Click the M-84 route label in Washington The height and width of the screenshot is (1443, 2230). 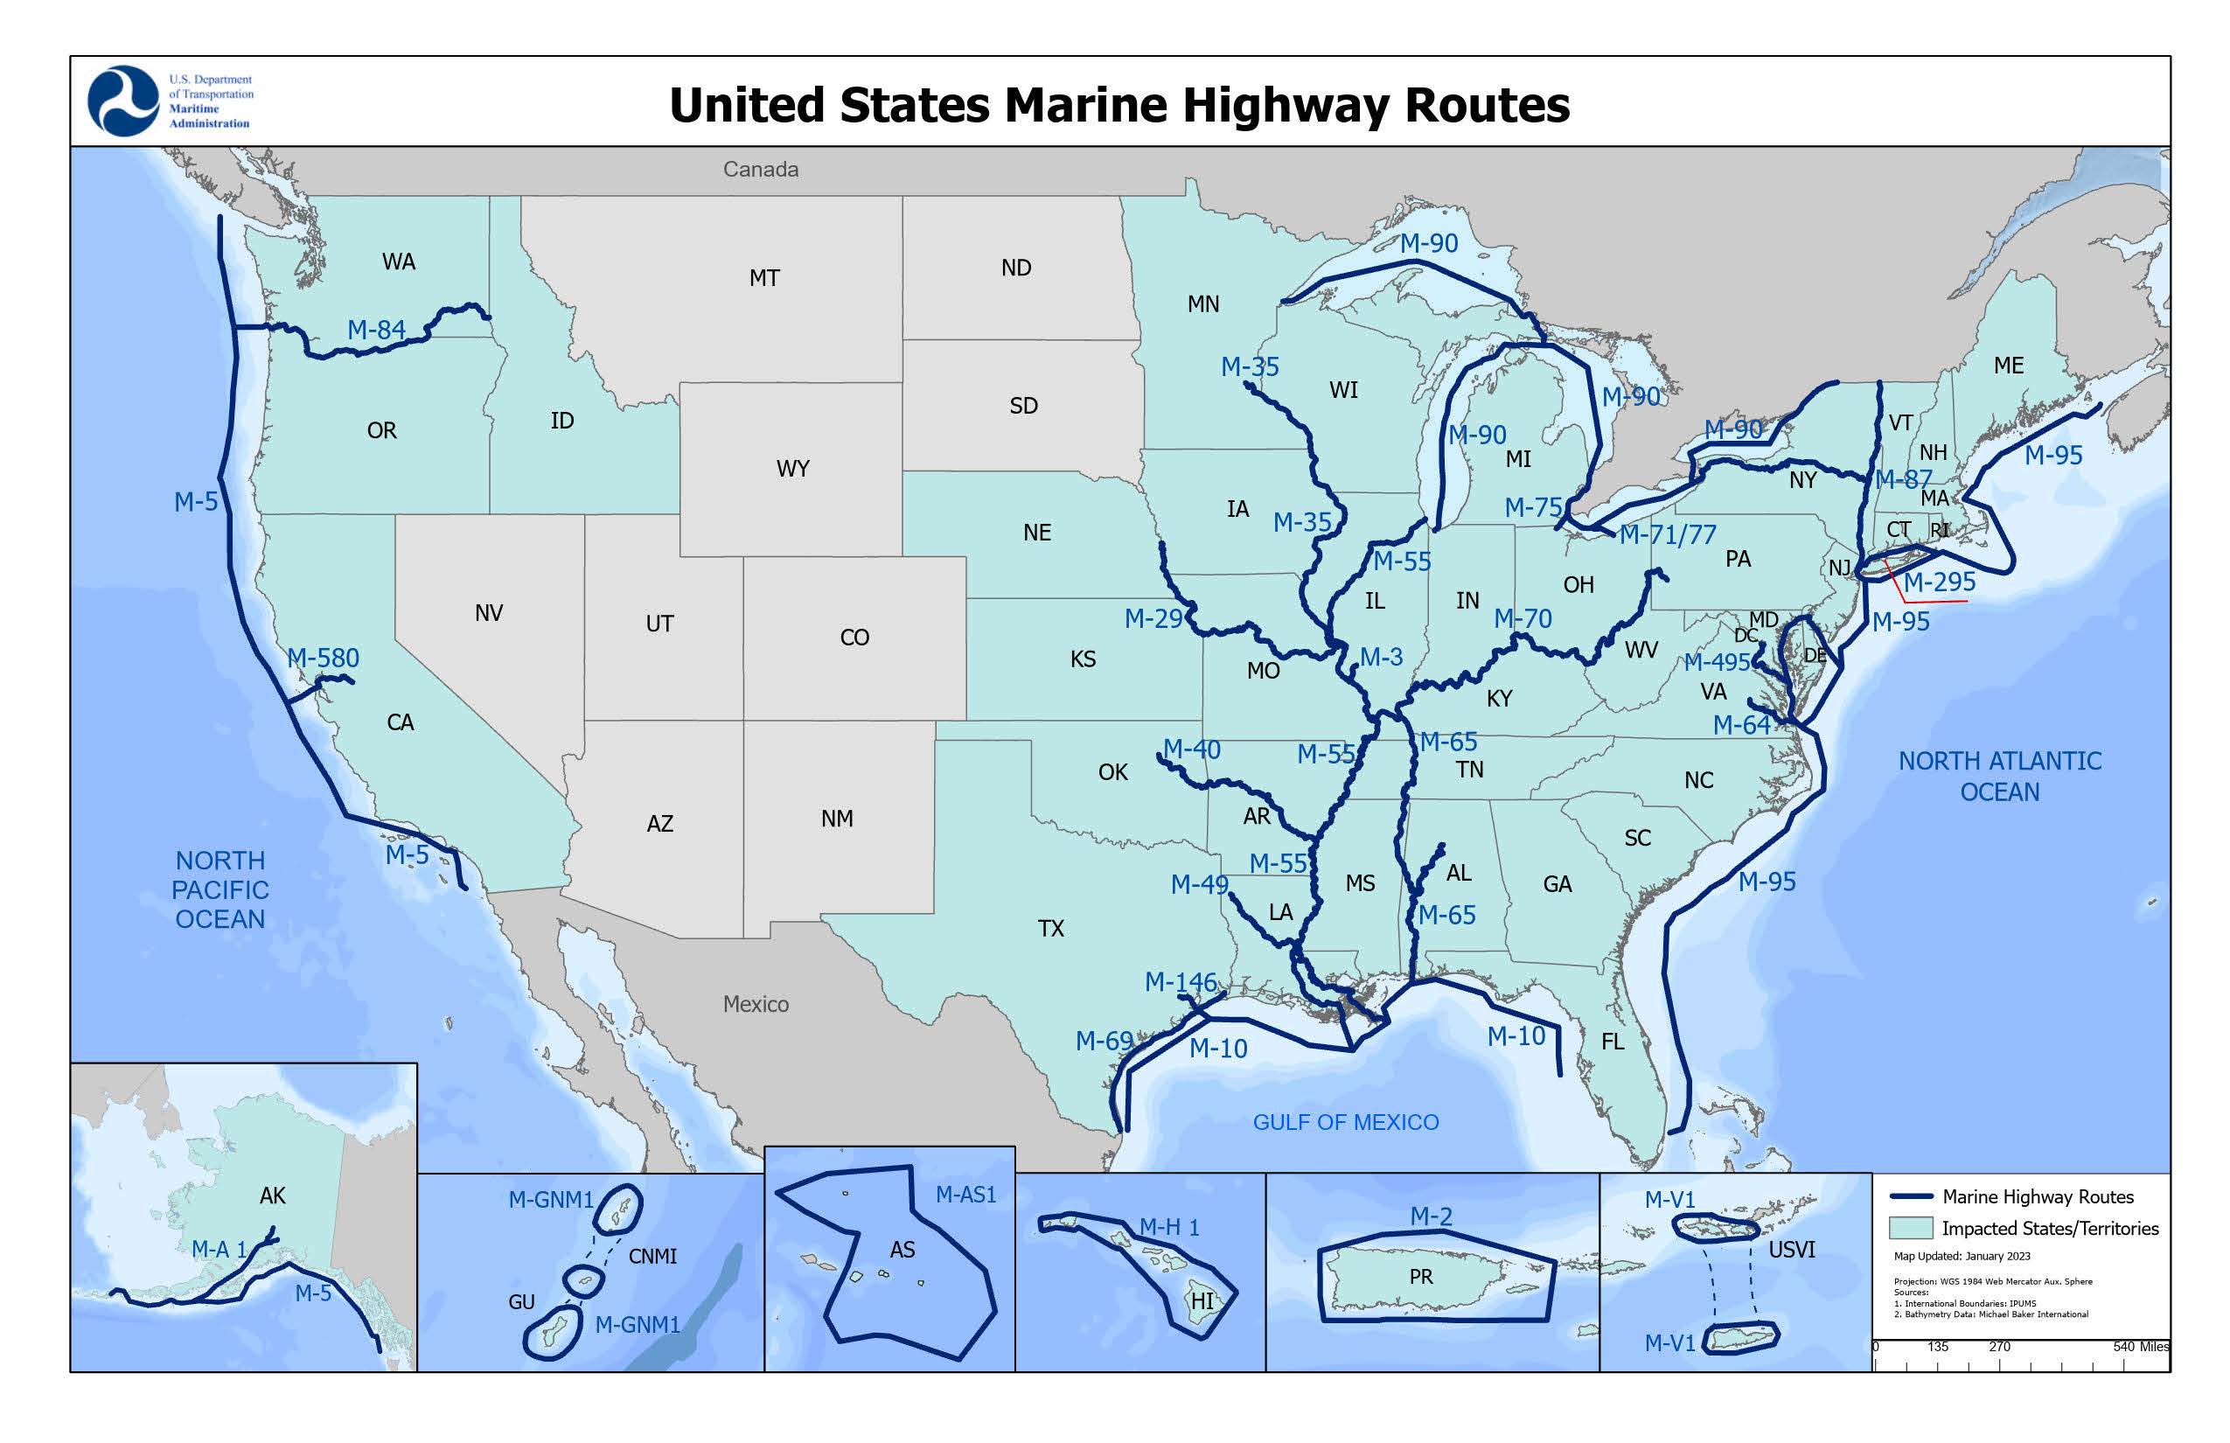click(376, 330)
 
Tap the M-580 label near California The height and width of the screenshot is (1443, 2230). click(324, 658)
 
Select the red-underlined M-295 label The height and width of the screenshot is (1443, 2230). click(1939, 582)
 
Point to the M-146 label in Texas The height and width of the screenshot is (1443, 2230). click(1180, 982)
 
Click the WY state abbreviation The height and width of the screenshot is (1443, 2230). click(792, 469)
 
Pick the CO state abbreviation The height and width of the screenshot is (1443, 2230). click(854, 638)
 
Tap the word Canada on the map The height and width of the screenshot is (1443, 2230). click(760, 170)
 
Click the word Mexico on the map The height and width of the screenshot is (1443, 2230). click(756, 1005)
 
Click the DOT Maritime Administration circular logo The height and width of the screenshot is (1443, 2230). click(122, 101)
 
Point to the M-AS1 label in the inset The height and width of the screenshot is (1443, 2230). click(965, 1195)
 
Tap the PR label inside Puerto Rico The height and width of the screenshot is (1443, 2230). click(1420, 1277)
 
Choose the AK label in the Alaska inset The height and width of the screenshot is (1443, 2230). click(273, 1196)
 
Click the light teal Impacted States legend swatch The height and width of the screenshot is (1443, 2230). click(1911, 1229)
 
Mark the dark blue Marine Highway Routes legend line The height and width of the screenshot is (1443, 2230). click(1912, 1196)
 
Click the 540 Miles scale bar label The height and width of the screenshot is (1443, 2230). click(2140, 1347)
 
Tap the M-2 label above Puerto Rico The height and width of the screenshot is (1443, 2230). click(1431, 1216)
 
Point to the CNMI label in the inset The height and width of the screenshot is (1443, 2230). click(652, 1257)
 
